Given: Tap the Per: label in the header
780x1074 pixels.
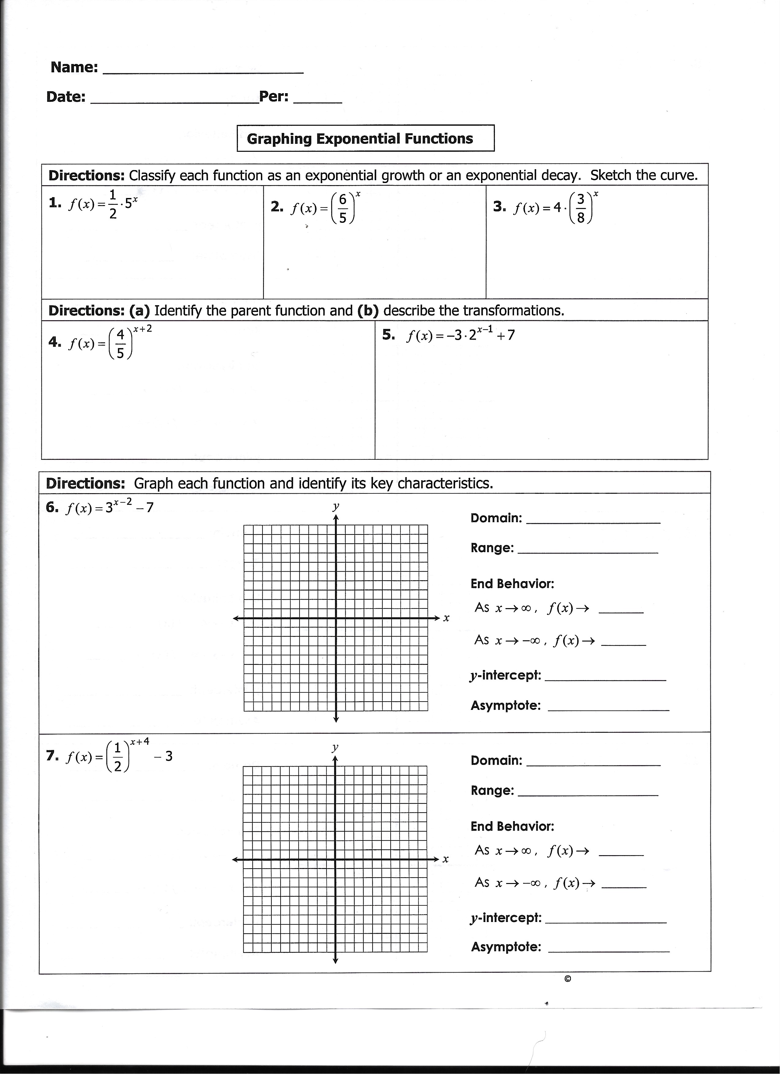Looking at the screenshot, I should [x=274, y=97].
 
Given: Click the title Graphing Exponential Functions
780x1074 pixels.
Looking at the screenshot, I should [x=360, y=139].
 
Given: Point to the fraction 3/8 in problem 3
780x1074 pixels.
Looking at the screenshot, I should [x=581, y=208].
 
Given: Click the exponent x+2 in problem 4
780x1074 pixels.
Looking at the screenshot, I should [x=143, y=329].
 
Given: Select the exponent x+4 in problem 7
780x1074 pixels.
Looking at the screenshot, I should [x=140, y=741].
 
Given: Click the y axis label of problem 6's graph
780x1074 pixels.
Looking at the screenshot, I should [x=336, y=506].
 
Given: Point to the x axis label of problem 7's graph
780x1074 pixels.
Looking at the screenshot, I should [x=445, y=859].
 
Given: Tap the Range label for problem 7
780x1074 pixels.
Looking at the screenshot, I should [x=492, y=790].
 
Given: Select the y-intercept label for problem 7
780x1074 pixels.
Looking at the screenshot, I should [x=505, y=918].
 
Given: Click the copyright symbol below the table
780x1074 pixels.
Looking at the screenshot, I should [x=568, y=979].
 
